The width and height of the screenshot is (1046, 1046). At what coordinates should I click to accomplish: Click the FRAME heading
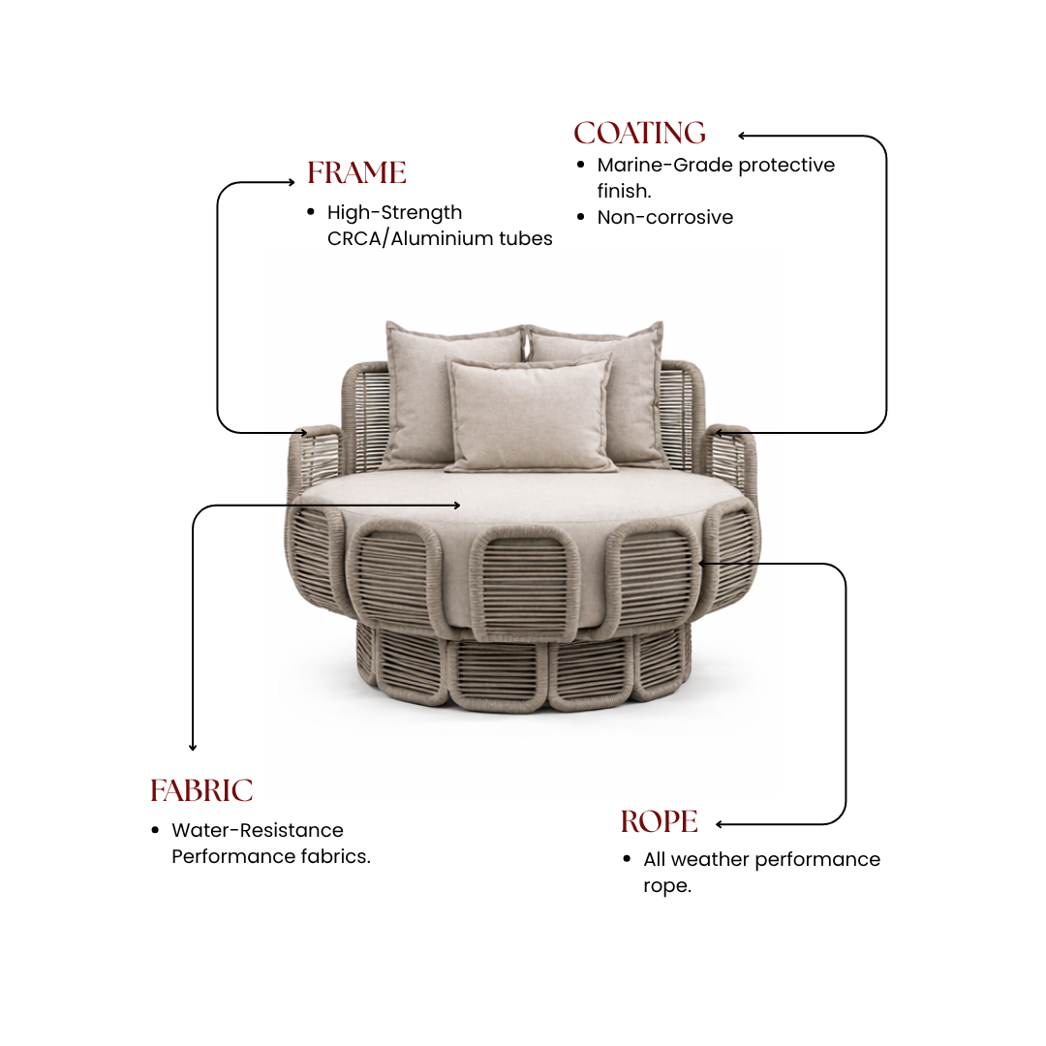356,172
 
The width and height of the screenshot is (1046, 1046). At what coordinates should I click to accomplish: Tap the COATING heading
640,133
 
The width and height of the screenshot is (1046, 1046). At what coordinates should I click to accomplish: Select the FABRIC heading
201,790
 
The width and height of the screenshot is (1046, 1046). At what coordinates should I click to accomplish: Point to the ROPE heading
660,821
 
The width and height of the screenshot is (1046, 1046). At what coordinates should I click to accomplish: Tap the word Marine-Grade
664,165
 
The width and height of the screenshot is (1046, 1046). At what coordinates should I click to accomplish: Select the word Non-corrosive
665,217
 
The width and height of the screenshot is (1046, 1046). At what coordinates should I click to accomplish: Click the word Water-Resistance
258,830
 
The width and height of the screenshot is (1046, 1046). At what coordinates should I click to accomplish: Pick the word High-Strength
394,213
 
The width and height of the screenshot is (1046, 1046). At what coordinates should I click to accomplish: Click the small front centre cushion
529,414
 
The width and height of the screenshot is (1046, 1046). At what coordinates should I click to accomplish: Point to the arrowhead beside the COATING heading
741,136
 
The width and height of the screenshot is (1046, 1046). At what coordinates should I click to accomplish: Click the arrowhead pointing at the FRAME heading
292,182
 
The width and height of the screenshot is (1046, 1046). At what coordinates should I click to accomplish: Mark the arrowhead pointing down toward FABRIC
193,748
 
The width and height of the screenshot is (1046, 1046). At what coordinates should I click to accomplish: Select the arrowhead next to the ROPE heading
719,824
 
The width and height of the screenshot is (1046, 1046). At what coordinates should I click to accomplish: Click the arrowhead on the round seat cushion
457,506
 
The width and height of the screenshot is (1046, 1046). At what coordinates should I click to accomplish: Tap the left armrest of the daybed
314,460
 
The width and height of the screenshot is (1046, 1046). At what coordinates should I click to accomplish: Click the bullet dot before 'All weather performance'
627,859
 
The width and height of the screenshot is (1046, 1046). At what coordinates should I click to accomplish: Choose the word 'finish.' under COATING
624,191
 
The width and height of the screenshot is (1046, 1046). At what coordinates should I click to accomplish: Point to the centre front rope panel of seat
525,580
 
